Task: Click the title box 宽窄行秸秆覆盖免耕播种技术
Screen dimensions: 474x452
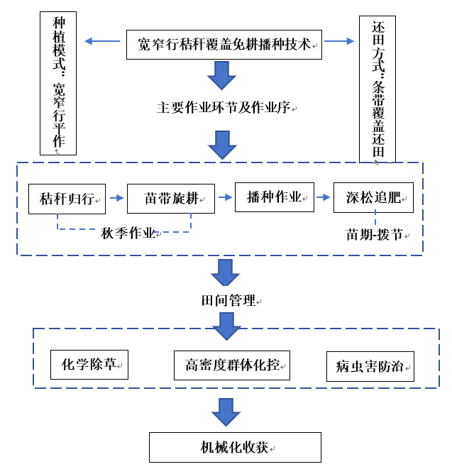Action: (224, 44)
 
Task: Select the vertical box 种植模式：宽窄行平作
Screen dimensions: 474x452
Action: (58, 82)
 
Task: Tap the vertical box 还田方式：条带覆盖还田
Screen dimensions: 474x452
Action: (377, 89)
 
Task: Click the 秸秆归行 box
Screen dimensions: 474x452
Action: (67, 199)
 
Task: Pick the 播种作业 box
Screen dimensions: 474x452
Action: (275, 197)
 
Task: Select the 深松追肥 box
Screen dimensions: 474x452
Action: (373, 198)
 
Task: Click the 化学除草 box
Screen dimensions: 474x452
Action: (89, 365)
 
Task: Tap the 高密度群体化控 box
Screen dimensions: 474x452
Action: (232, 365)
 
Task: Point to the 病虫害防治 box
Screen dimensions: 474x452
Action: (370, 366)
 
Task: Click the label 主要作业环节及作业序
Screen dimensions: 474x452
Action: (224, 108)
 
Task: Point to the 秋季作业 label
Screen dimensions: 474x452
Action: (128, 233)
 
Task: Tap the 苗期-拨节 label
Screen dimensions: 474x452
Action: (375, 233)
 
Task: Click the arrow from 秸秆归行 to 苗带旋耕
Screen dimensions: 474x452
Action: (116, 199)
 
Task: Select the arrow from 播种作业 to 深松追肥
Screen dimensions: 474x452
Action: (324, 197)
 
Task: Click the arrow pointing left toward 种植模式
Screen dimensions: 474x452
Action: (102, 41)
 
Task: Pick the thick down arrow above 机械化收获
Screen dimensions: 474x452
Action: (226, 412)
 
